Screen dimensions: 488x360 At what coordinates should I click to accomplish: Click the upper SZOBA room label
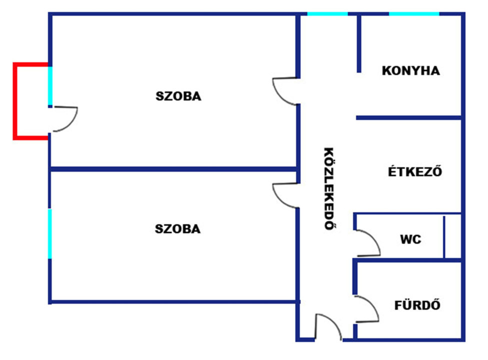pyautogui.click(x=178, y=96)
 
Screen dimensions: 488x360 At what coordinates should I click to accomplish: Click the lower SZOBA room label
pyautogui.click(x=177, y=229)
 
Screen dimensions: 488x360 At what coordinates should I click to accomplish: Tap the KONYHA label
pyautogui.click(x=411, y=70)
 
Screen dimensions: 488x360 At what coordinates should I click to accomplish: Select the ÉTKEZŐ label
pyautogui.click(x=415, y=171)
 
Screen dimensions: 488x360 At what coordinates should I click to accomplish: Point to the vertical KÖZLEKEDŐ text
pyautogui.click(x=329, y=188)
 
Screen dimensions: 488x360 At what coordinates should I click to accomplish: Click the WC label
pyautogui.click(x=410, y=239)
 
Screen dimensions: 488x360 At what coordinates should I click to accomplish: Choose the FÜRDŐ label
pyautogui.click(x=417, y=305)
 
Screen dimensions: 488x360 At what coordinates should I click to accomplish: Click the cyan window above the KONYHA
pyautogui.click(x=414, y=13)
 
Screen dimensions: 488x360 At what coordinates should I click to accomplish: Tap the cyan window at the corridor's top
pyautogui.click(x=327, y=13)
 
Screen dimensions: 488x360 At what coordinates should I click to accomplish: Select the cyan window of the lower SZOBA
pyautogui.click(x=50, y=233)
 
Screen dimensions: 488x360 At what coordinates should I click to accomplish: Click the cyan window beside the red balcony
pyautogui.click(x=50, y=86)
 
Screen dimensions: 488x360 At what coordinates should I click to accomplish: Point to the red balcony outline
pyautogui.click(x=14, y=101)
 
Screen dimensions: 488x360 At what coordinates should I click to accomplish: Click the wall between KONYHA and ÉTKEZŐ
pyautogui.click(x=408, y=117)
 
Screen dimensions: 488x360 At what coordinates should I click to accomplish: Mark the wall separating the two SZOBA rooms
pyautogui.click(x=173, y=169)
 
